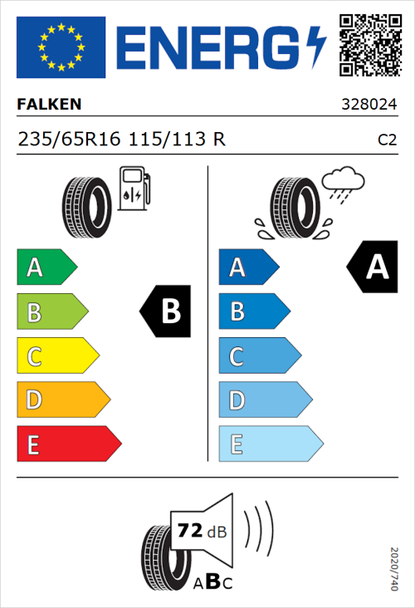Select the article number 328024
pos(369,105)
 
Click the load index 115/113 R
pos(177,140)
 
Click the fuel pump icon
pos(134,189)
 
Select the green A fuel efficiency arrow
pos(46,267)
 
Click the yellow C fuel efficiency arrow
pos(56,356)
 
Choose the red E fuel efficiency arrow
pos(68,444)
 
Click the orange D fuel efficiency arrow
pos(62,400)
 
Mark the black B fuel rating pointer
pos(166,312)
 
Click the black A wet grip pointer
pos(372,267)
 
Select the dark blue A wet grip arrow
pos(247,267)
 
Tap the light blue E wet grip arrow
pos(270,444)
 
